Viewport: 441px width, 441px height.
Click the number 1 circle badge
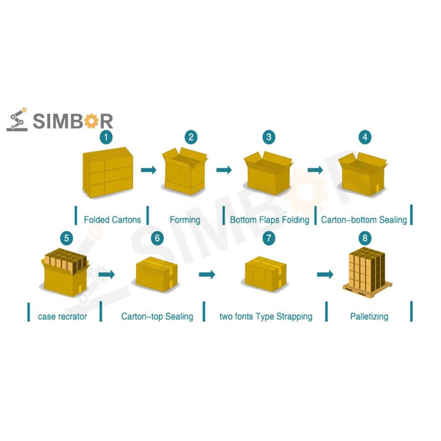click(x=107, y=137)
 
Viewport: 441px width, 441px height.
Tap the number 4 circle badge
click(x=365, y=137)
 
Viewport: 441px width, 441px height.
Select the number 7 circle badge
click(x=269, y=238)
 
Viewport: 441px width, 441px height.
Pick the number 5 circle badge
click(x=67, y=238)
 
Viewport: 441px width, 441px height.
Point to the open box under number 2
click(x=185, y=171)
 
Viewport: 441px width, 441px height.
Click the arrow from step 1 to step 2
click(x=148, y=170)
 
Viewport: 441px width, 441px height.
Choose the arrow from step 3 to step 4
click(x=315, y=170)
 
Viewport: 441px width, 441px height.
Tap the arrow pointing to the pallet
click(x=325, y=274)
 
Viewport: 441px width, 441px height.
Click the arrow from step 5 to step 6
click(x=107, y=274)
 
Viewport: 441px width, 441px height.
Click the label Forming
click(x=185, y=220)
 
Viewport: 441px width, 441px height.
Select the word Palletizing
click(x=369, y=316)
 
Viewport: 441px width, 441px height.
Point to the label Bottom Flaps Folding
click(x=269, y=220)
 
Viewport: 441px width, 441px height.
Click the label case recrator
click(x=62, y=316)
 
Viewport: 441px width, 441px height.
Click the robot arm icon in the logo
click(x=17, y=120)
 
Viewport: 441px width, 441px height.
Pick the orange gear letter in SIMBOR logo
click(x=91, y=121)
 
